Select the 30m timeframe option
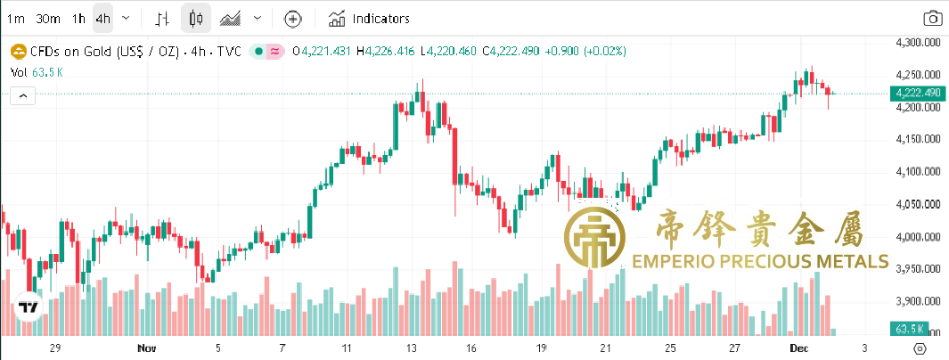click(48, 18)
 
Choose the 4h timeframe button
click(103, 18)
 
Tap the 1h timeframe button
click(79, 18)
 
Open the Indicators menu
click(369, 18)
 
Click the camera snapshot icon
click(932, 18)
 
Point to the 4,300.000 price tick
click(918, 42)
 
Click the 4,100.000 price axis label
click(918, 171)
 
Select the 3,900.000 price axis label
click(918, 300)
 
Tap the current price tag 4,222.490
click(918, 93)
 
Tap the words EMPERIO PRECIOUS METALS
click(759, 261)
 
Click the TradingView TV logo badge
click(29, 307)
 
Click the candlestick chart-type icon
click(196, 18)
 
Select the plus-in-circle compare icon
click(293, 18)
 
